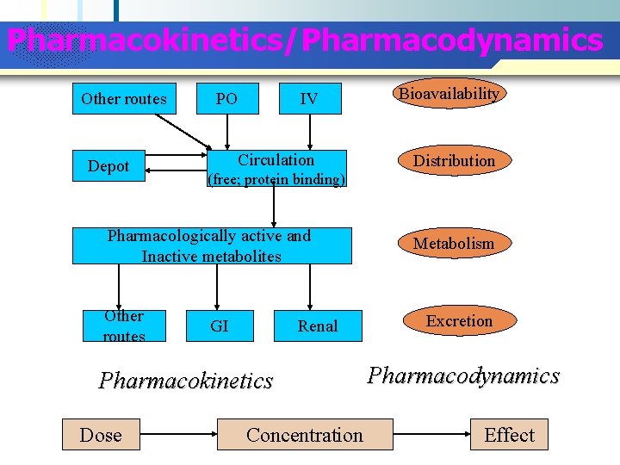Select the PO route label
(226, 99)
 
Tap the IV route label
(308, 99)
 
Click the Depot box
(108, 166)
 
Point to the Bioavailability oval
(448, 94)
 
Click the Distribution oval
(454, 161)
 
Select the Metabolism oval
(454, 244)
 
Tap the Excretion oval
(459, 321)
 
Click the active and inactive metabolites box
(212, 245)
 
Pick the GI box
(220, 325)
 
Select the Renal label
(318, 325)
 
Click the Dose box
(101, 435)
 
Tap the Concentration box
(305, 435)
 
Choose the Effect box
(509, 435)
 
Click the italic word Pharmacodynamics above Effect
(463, 375)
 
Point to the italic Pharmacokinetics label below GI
(186, 380)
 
